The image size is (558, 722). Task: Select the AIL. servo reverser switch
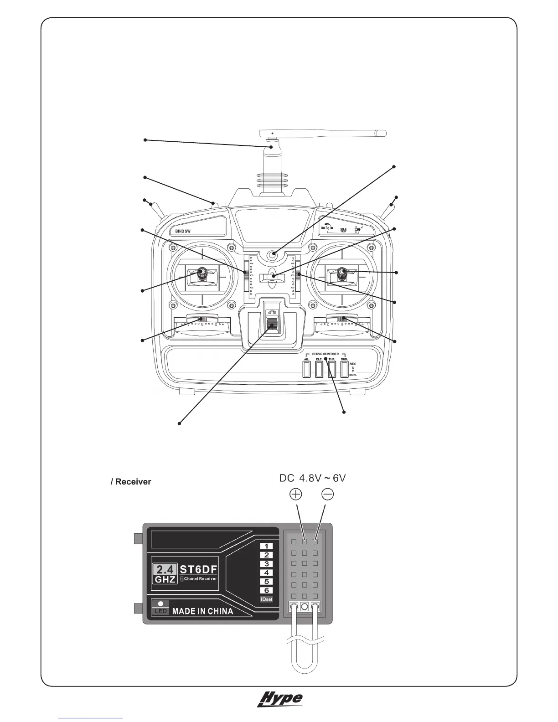[x=306, y=369]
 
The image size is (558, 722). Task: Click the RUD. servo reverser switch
[x=345, y=369]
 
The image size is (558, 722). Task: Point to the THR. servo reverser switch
[x=332, y=369]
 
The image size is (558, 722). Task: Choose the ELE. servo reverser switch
[x=319, y=369]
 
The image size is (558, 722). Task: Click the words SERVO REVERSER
[x=325, y=354]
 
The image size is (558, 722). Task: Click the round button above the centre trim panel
[x=273, y=255]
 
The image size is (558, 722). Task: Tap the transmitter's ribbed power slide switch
[x=273, y=326]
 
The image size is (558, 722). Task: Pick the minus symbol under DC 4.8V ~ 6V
[x=327, y=494]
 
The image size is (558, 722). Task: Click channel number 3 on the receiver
[x=266, y=564]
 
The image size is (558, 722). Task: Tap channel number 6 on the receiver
[x=266, y=590]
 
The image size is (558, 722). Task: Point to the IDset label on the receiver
[x=266, y=599]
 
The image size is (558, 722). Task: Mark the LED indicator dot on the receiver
[x=160, y=603]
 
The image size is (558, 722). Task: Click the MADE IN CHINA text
[x=202, y=611]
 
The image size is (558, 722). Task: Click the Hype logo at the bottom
[x=280, y=712]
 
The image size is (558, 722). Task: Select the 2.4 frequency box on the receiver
[x=164, y=570]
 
